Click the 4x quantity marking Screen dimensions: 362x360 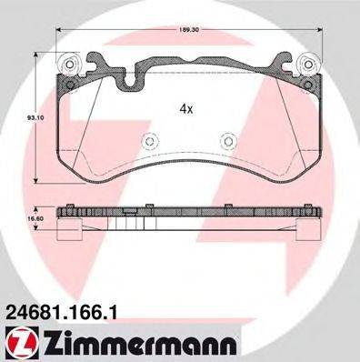tap(185, 107)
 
